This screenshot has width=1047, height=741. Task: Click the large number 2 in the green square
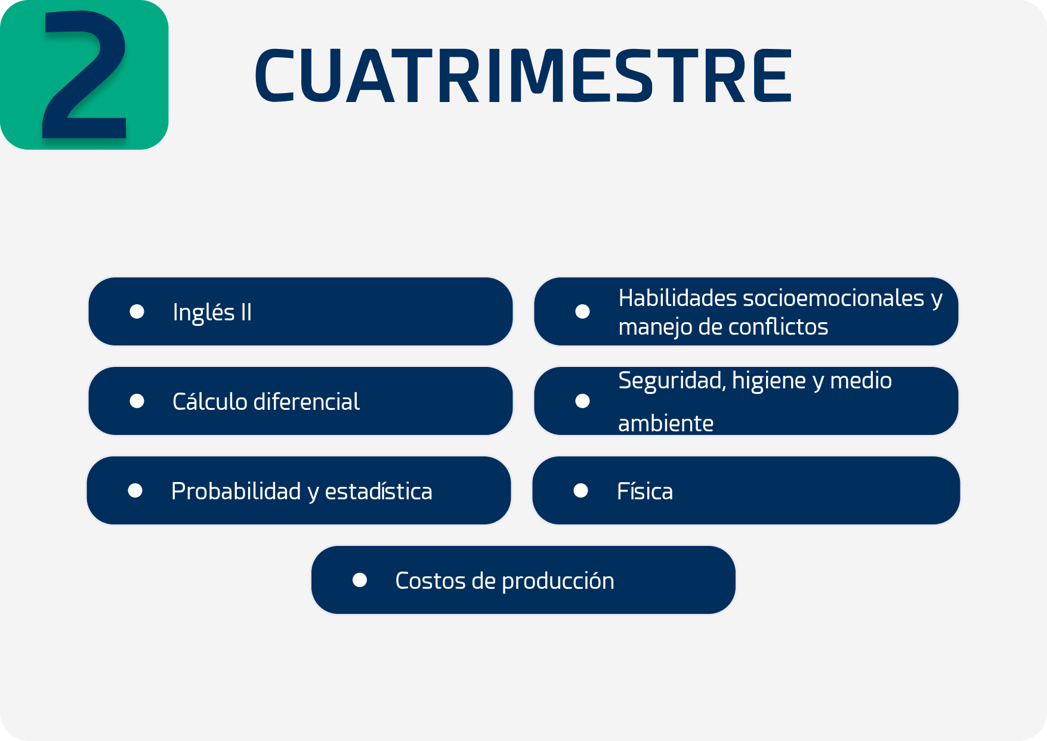pos(84,75)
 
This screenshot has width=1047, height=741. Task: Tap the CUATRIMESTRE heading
pos(523,76)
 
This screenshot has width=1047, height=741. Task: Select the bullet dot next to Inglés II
pos(137,311)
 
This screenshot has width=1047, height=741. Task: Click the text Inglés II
pos(212,313)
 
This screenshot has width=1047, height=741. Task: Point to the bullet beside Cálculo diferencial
pos(137,401)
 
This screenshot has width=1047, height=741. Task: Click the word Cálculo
pos(210,401)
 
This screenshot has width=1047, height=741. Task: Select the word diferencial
pos(307,402)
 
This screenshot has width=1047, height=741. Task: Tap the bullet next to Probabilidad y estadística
pos(135,490)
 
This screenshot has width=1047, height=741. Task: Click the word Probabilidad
pos(236,491)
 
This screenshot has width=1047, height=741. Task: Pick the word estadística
pos(378,491)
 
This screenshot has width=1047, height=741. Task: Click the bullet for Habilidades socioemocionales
pos(583,311)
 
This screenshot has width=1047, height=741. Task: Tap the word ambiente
pos(666,424)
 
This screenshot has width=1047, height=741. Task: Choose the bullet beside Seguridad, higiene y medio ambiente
pos(583,401)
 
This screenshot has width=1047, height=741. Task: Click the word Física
pos(645,491)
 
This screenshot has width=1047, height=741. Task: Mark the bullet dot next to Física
pos(581,490)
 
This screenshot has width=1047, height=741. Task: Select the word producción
pos(558,581)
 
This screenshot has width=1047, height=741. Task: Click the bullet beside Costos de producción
pos(360,580)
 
